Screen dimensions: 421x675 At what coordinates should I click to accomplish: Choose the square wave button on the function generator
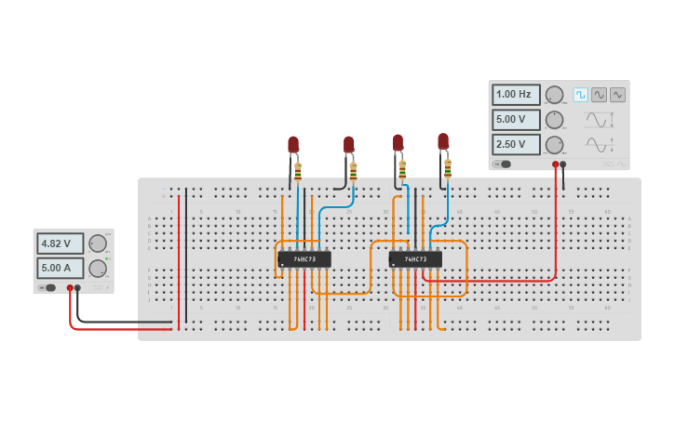click(580, 94)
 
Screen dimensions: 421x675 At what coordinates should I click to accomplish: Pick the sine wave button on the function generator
click(599, 94)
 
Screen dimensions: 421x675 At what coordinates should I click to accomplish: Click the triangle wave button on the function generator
click(617, 94)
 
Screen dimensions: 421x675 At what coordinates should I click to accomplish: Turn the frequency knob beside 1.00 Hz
click(554, 94)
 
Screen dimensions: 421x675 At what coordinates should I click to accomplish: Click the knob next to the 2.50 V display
click(554, 144)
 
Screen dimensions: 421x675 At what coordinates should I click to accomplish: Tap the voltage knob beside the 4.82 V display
click(97, 243)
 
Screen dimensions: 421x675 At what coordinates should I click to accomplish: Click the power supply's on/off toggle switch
click(47, 288)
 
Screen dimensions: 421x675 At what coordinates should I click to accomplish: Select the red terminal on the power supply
click(70, 288)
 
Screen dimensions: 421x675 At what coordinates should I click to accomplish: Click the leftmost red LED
click(293, 144)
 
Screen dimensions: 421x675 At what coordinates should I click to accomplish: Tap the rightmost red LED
click(443, 141)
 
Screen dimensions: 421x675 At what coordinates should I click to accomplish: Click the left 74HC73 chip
click(304, 259)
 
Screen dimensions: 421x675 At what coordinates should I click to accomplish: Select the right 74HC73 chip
click(415, 259)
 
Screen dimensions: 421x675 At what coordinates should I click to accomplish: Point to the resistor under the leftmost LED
click(298, 170)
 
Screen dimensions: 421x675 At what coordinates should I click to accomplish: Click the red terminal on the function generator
click(555, 164)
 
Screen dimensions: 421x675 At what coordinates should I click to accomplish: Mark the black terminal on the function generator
click(563, 164)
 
